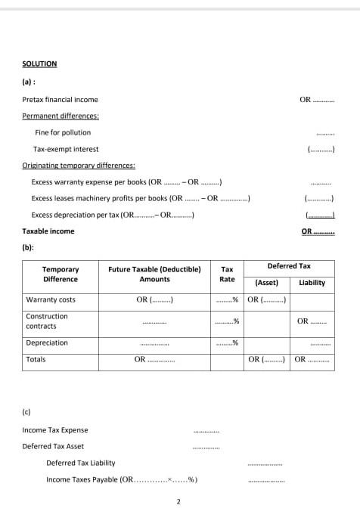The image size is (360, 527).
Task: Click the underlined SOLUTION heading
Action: [x=39, y=64]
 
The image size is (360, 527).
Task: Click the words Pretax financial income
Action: [x=60, y=100]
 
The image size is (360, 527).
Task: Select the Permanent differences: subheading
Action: [x=61, y=116]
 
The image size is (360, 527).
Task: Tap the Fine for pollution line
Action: [x=63, y=132]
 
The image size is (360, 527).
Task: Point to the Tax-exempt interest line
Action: [x=66, y=149]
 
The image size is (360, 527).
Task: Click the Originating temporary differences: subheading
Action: [x=79, y=165]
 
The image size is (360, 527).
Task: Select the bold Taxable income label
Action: [x=48, y=231]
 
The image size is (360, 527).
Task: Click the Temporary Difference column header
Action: [x=61, y=274]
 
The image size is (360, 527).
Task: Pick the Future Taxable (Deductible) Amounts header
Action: [x=154, y=274]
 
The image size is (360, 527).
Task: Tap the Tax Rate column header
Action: [x=227, y=274]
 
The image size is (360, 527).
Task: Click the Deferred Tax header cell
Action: [x=289, y=266]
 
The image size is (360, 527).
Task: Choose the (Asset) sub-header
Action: [x=267, y=283]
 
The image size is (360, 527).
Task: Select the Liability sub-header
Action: [x=312, y=283]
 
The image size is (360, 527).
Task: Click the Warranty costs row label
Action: [x=51, y=300]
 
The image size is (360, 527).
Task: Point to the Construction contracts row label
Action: [x=47, y=321]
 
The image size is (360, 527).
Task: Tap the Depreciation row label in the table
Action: [x=47, y=343]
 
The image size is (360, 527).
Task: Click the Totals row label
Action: [x=36, y=360]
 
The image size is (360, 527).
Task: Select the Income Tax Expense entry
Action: [x=55, y=430]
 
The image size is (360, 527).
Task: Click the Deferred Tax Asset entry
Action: [x=53, y=446]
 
